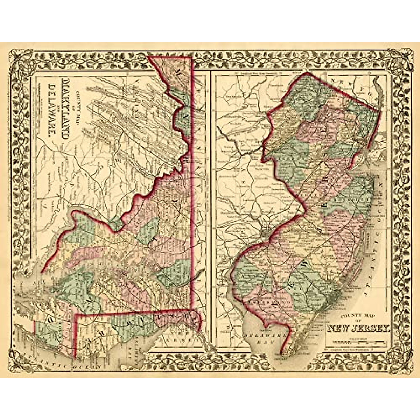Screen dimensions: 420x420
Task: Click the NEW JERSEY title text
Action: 358,329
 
